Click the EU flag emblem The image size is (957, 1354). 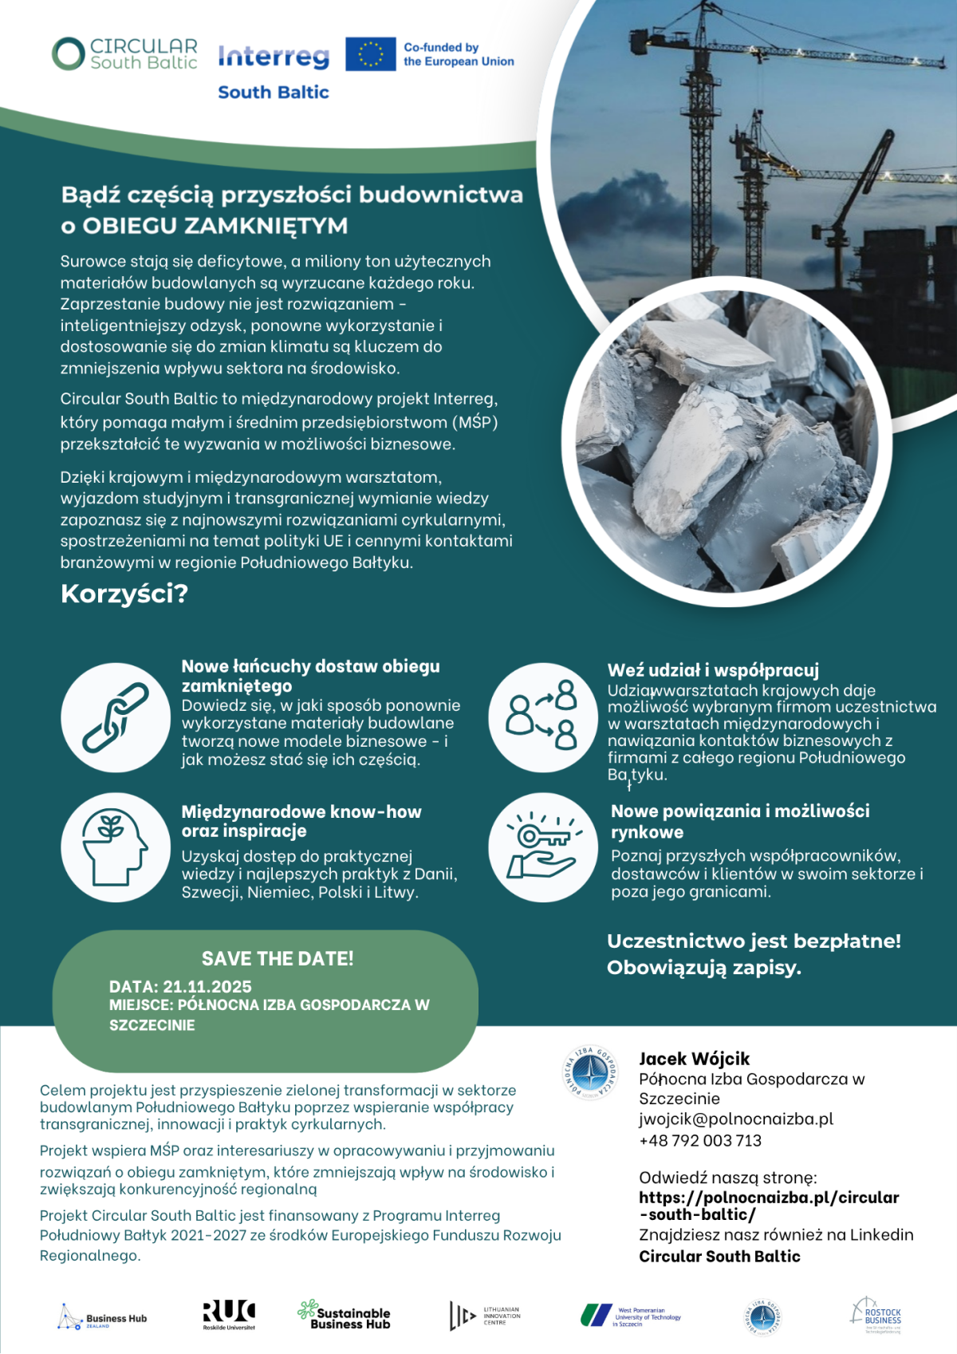coord(370,54)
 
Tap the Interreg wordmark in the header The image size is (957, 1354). coord(273,57)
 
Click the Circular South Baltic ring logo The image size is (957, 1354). coord(69,54)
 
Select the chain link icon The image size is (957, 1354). coord(116,717)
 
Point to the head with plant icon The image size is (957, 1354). coord(116,847)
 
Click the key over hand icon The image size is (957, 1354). coord(543,847)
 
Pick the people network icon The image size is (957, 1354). coord(543,716)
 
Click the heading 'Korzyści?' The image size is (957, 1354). coord(124,594)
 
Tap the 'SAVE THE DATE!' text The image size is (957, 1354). coord(278,959)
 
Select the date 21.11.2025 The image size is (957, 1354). coord(207,987)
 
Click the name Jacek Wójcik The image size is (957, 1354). coord(694,1059)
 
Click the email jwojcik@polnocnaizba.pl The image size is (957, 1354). coord(735,1119)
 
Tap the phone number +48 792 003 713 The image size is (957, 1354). coord(699,1141)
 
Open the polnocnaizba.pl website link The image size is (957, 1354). coord(768,1206)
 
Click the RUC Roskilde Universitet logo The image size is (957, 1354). coord(229,1315)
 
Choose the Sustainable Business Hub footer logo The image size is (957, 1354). coord(344,1315)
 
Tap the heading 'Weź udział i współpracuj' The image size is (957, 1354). coord(713,671)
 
